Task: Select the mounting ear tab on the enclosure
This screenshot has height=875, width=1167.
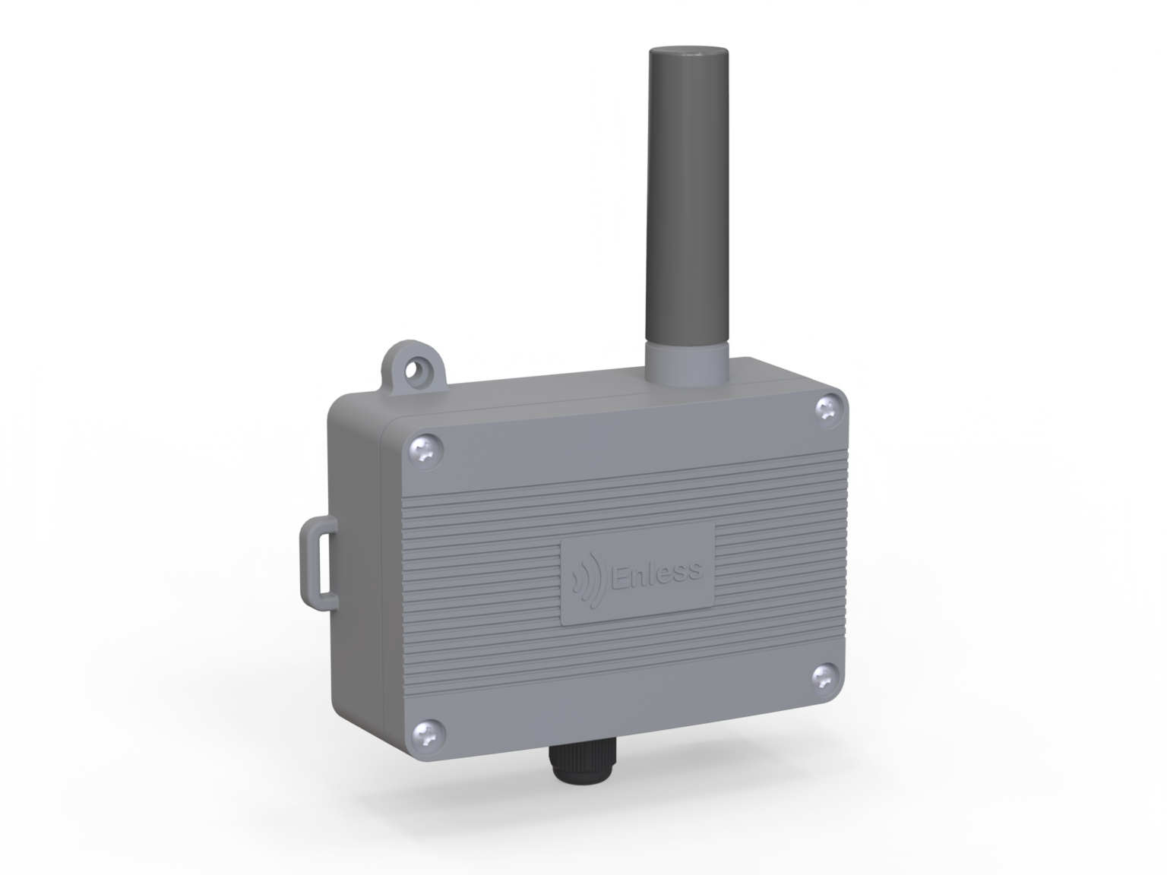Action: pyautogui.click(x=415, y=369)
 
